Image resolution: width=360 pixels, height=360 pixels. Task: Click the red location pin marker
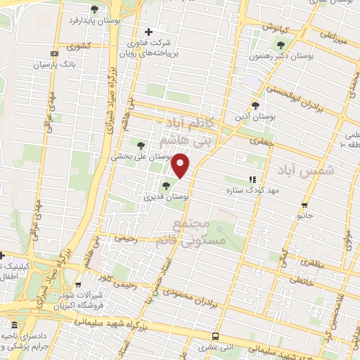pyautogui.click(x=181, y=165)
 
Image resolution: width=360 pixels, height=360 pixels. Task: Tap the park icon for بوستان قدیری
pyautogui.click(x=166, y=186)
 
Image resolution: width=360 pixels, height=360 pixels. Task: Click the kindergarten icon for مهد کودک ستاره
pyautogui.click(x=252, y=180)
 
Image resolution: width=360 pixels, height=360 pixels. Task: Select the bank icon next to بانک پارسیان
pyautogui.click(x=54, y=54)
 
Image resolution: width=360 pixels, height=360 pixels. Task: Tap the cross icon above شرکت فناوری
pyautogui.click(x=148, y=32)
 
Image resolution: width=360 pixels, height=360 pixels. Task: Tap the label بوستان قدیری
pyautogui.click(x=167, y=198)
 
